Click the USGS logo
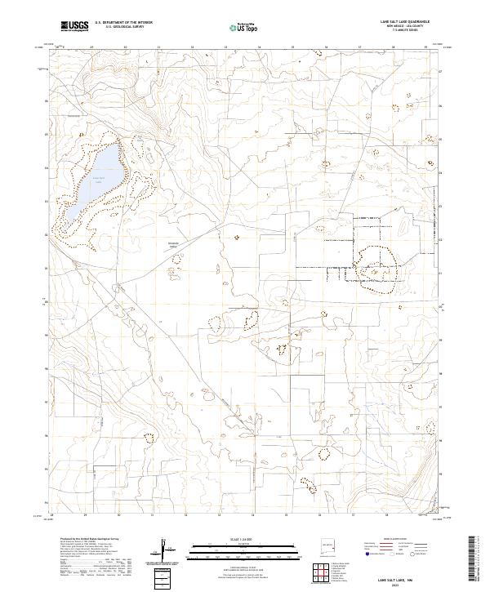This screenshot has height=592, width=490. tap(74, 26)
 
